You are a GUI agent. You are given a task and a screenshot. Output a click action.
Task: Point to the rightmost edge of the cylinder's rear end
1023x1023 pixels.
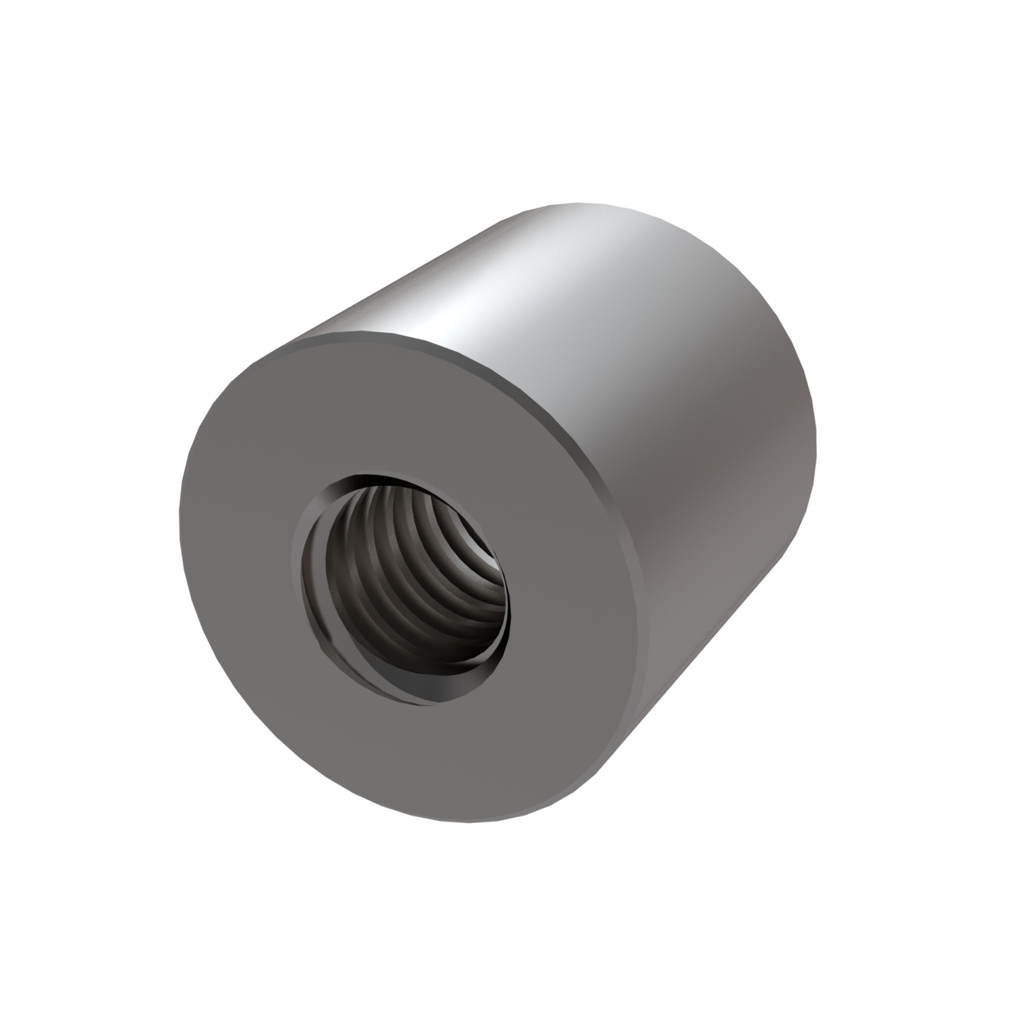pos(816,436)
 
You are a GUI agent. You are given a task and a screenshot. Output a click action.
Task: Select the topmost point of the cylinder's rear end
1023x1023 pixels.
pos(593,202)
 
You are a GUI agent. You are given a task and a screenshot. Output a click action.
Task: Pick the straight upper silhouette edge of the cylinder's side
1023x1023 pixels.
pos(409,273)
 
